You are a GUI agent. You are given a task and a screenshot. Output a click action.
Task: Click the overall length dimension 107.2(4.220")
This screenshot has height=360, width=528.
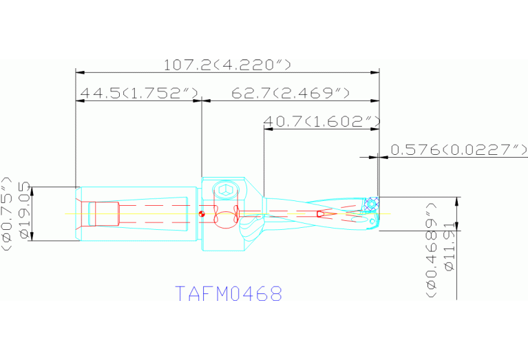227,65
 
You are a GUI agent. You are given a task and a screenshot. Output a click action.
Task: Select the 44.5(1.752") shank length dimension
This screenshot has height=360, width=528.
139,93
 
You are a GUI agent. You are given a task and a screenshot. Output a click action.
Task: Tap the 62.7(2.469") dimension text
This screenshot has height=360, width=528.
291,93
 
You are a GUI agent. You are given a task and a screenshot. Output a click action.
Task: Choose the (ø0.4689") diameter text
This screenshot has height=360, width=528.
432,249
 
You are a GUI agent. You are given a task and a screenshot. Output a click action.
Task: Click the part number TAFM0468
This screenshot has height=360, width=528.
229,294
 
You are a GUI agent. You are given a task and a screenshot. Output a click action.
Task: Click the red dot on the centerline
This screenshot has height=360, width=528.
201,213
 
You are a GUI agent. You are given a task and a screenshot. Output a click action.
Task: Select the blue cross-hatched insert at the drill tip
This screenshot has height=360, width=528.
372,204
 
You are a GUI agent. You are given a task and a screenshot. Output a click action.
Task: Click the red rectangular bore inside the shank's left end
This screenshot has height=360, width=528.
107,213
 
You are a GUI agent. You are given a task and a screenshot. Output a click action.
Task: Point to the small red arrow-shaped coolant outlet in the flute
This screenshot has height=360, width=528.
321,214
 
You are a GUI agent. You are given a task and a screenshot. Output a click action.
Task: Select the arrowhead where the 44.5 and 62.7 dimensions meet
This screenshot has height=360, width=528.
201,100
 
